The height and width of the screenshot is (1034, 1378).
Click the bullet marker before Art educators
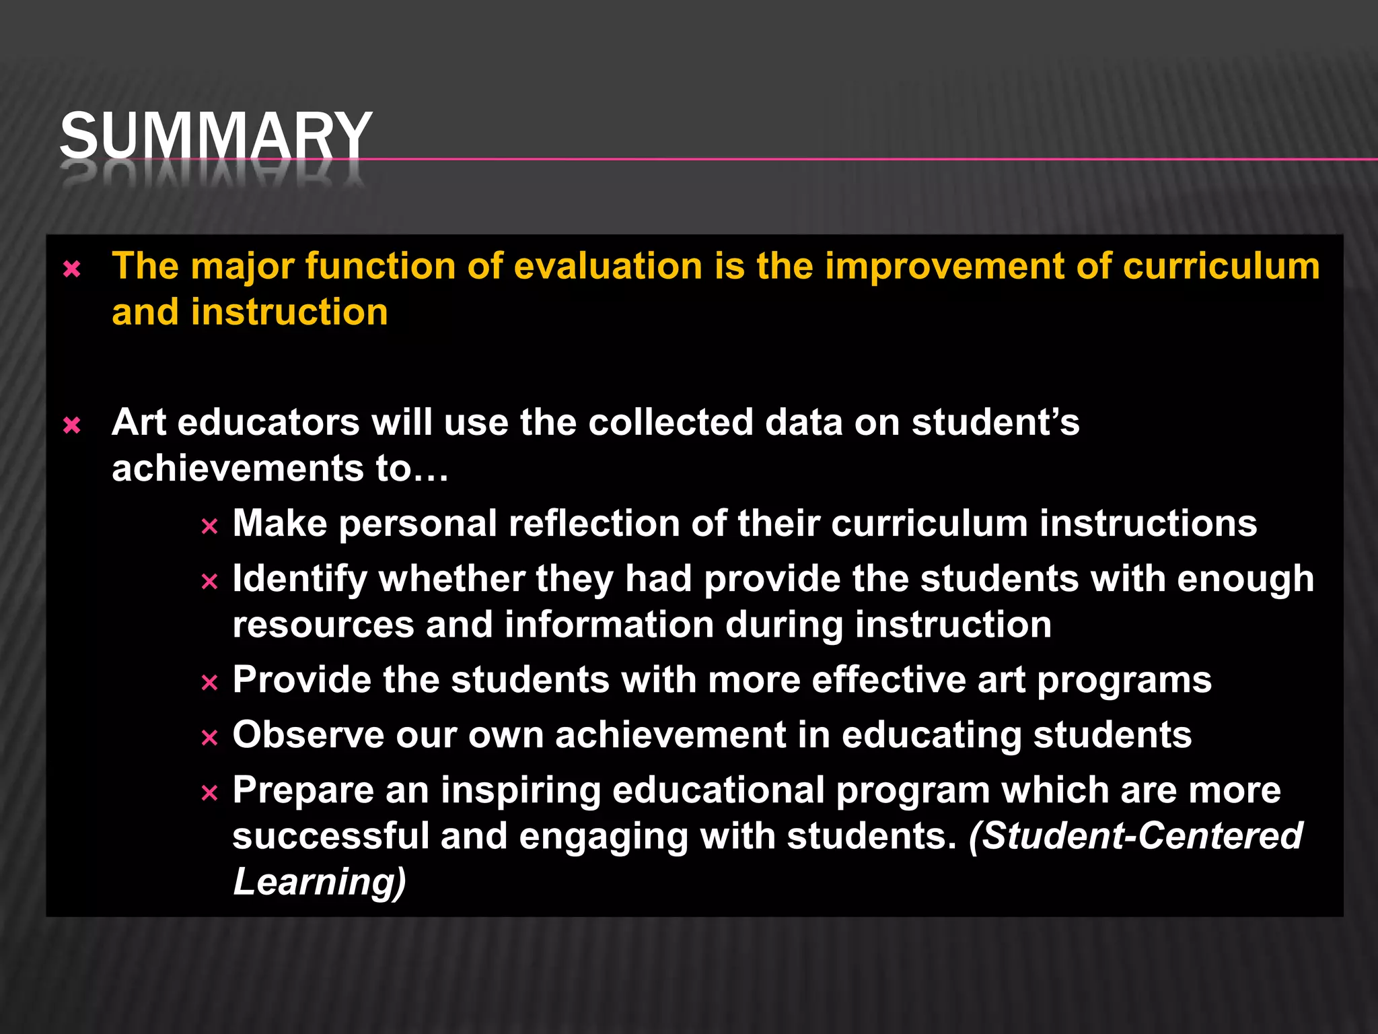[x=71, y=425]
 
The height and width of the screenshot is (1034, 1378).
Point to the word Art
[x=139, y=423]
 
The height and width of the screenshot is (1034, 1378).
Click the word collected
[x=671, y=423]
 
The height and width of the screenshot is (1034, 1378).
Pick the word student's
[x=995, y=423]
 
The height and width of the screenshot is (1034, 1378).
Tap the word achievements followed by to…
[x=238, y=469]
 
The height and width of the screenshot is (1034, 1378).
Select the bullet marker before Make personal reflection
[x=209, y=526]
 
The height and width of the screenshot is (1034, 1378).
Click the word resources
[x=323, y=625]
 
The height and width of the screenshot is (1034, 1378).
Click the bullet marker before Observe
[x=209, y=738]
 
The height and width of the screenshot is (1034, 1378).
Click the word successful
[x=330, y=836]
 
